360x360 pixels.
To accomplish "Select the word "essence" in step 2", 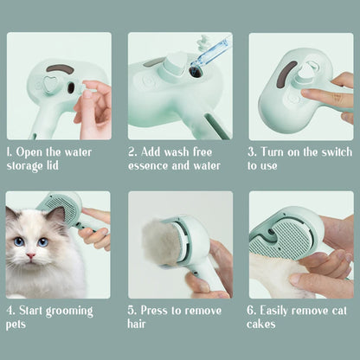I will click(152, 164).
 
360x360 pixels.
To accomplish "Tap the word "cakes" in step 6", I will click(261, 324).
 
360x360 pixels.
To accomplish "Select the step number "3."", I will click(252, 151).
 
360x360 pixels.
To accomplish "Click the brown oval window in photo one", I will click(61, 68).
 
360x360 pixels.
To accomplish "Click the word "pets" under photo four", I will click(16, 325).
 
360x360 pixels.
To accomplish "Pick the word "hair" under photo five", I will click(138, 324).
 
